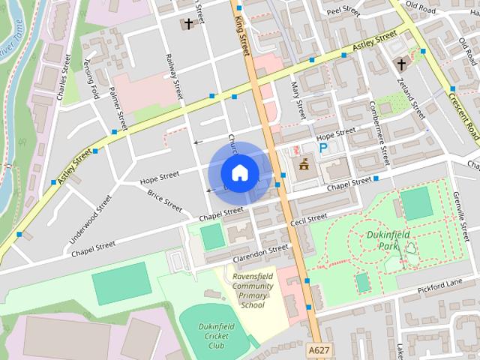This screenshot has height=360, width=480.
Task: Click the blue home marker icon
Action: coord(238,173)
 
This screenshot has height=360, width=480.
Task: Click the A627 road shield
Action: coord(319,349)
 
